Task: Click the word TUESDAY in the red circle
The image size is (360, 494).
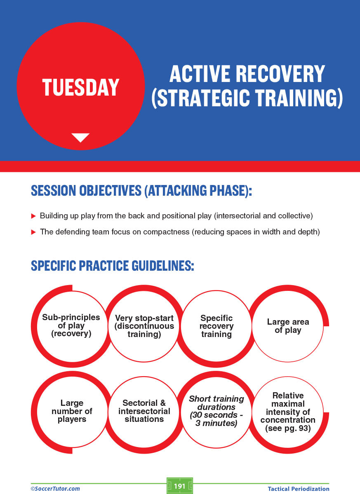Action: click(81, 87)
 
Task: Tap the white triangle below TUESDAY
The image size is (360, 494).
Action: click(80, 137)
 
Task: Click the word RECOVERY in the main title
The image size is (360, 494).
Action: click(280, 74)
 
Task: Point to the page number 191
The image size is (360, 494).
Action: click(179, 486)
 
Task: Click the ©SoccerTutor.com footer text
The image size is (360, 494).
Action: click(55, 489)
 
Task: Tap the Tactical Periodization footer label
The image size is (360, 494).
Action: click(298, 489)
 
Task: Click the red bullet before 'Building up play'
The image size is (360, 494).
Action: click(33, 216)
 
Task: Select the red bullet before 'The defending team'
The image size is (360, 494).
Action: click(33, 232)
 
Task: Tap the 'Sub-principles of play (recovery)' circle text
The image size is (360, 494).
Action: click(71, 325)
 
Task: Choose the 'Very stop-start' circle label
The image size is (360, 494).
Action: click(144, 318)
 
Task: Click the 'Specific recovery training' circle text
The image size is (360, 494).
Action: click(216, 326)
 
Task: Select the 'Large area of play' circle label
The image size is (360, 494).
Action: click(288, 326)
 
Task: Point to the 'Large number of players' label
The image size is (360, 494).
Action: click(72, 411)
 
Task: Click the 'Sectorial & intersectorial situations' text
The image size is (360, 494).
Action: click(144, 411)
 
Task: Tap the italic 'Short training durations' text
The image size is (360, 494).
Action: click(216, 403)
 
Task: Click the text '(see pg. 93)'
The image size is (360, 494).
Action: click(288, 428)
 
